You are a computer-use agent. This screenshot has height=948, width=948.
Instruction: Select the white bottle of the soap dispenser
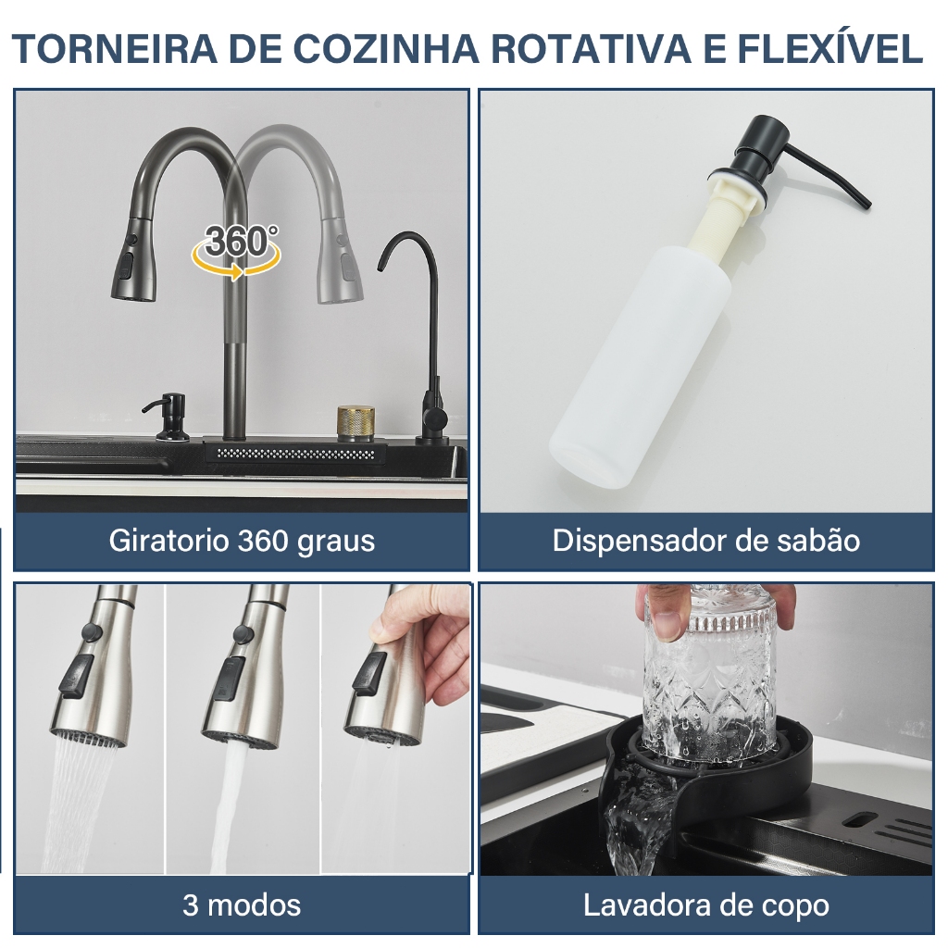(x=636, y=363)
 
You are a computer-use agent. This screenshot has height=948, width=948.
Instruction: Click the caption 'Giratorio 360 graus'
(x=242, y=541)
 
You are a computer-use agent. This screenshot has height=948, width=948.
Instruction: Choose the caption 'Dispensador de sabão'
(x=705, y=541)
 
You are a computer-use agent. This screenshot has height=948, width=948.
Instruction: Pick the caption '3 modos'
(x=242, y=905)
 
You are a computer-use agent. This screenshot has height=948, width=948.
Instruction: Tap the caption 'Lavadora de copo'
(x=705, y=905)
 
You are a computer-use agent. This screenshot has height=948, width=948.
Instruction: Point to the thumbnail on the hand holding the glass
(x=666, y=624)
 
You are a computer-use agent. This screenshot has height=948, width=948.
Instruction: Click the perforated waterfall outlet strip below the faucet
(x=296, y=454)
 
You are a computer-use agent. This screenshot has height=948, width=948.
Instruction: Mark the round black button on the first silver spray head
(x=92, y=632)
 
